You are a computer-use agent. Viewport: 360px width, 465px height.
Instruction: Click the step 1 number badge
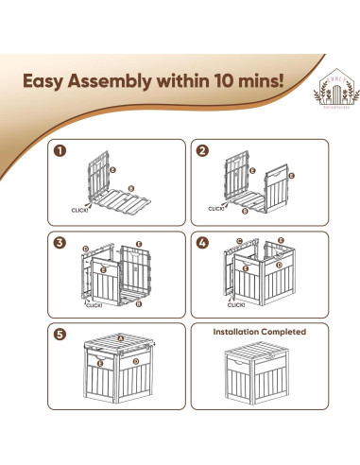(61, 150)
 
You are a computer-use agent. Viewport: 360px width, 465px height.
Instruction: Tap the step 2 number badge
(201, 150)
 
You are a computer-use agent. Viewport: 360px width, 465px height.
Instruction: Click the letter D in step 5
(134, 360)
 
